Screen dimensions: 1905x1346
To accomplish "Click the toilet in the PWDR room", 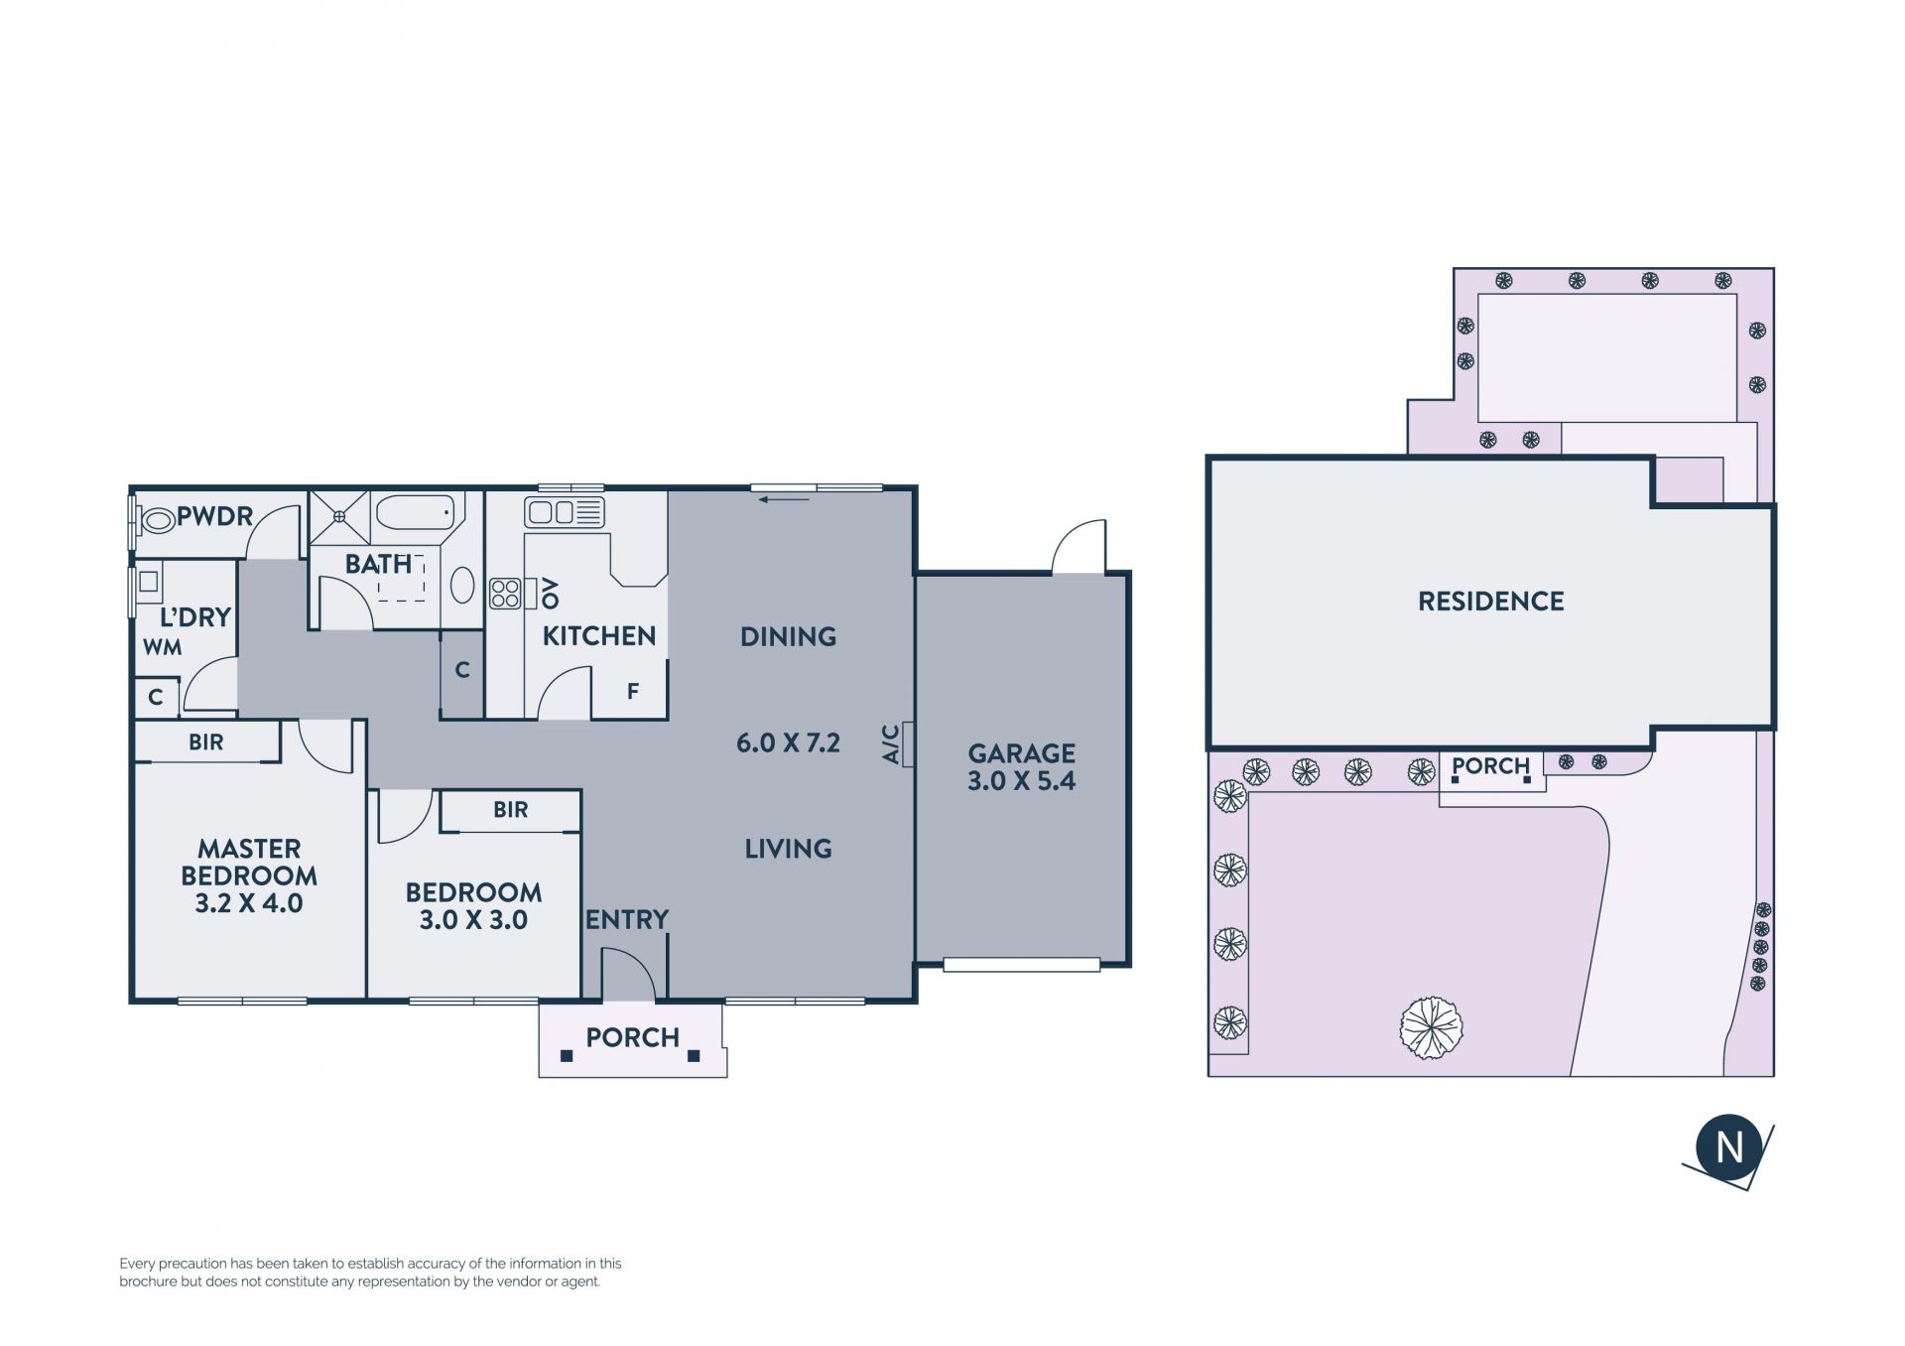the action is click(x=157, y=518).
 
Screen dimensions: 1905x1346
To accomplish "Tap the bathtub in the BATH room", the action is click(x=416, y=512).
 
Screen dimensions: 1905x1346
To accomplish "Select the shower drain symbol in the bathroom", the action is click(x=339, y=516).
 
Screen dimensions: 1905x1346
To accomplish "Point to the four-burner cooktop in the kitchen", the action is click(x=505, y=594).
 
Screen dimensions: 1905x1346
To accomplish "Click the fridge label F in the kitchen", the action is click(x=633, y=691).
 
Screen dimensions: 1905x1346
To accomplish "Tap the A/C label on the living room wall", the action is click(x=890, y=744).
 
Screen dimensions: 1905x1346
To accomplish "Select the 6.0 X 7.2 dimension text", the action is click(x=788, y=742).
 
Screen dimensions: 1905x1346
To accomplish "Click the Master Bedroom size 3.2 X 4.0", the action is click(x=249, y=903).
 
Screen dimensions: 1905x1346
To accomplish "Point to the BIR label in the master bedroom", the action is click(x=206, y=742).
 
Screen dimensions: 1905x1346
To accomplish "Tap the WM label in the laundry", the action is click(x=162, y=648).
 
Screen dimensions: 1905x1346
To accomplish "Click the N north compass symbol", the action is click(x=1729, y=1147).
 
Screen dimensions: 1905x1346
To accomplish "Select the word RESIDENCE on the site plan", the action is click(x=1490, y=602).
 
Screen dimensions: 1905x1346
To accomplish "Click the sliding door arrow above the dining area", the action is click(x=784, y=499).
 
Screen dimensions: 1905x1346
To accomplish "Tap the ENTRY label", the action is click(x=627, y=920).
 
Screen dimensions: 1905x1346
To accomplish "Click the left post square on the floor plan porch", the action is click(x=567, y=1056).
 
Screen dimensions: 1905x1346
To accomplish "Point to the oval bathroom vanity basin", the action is click(x=462, y=585).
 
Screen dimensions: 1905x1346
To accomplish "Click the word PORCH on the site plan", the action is click(x=1490, y=766).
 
